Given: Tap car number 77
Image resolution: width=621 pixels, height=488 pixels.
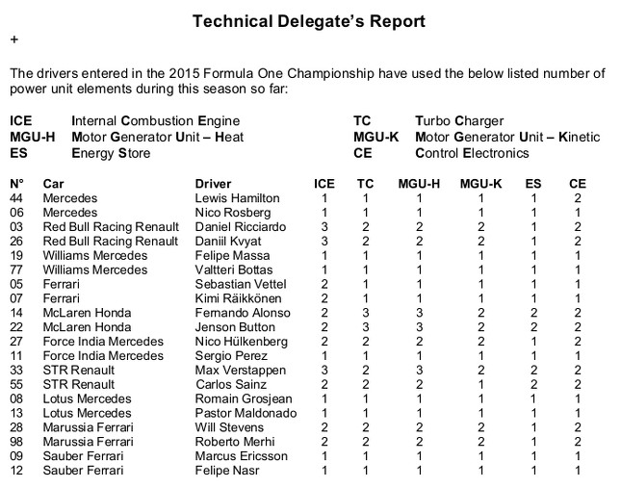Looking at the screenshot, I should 16,270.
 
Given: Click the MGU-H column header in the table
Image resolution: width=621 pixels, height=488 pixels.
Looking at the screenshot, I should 418,183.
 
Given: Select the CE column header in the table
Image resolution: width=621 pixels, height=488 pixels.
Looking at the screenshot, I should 577,183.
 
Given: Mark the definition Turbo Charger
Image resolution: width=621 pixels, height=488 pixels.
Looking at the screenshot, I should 454,121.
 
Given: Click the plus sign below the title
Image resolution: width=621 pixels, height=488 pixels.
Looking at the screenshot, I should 13,40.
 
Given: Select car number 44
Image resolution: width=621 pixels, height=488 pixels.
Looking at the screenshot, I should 16,197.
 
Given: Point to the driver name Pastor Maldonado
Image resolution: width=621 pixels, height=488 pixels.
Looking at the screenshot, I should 240,413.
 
